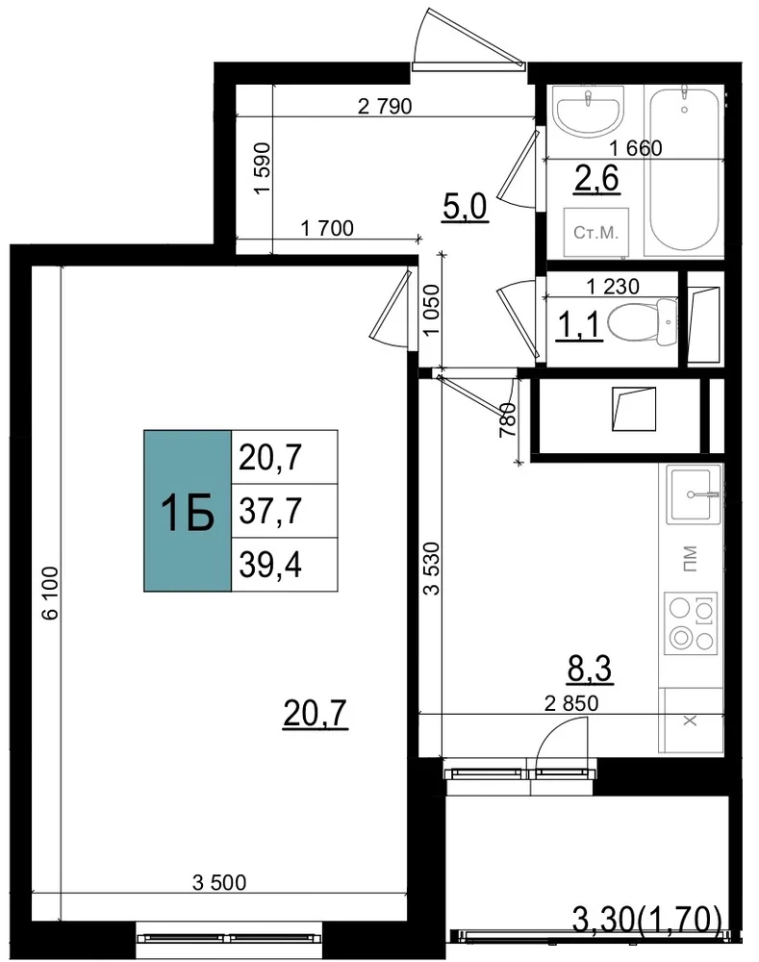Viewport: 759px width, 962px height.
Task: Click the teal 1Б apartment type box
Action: (188, 511)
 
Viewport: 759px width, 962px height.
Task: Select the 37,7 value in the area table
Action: (270, 511)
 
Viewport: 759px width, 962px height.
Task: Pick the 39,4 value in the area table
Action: (270, 565)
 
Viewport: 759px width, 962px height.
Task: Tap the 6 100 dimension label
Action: (50, 593)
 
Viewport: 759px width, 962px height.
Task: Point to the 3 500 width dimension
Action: (219, 882)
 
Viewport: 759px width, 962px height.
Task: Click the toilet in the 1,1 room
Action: (642, 320)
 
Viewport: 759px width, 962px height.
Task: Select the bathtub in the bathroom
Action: (684, 169)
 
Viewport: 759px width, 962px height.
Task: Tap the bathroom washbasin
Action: (589, 111)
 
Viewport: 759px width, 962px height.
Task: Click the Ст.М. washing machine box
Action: (596, 233)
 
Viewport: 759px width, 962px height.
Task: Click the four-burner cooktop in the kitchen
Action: (691, 623)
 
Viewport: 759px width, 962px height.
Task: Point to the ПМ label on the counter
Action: (691, 558)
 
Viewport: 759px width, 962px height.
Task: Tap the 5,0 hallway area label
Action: (465, 207)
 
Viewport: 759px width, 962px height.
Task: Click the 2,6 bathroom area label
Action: (596, 179)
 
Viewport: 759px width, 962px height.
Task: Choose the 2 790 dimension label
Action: (385, 106)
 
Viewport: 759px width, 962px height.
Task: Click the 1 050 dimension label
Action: (432, 310)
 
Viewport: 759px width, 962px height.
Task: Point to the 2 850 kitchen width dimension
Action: (571, 703)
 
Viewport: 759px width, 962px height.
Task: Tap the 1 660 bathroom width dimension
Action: (636, 148)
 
